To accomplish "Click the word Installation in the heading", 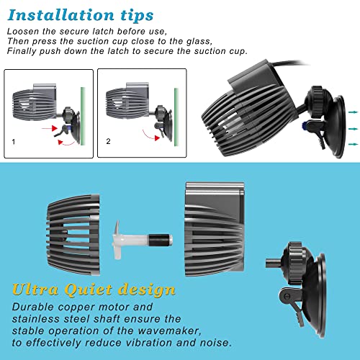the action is pos(60,15).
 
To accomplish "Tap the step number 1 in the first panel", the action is pos(14,142).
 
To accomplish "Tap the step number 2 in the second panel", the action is pos(108,141).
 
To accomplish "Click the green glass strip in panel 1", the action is pos(83,116).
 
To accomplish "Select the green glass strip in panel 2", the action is pos(176,117).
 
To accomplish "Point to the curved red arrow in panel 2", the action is pos(150,136).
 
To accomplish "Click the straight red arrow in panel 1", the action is pos(50,128).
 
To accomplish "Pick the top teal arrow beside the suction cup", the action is pos(353,112).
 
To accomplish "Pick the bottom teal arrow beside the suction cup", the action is pos(353,144).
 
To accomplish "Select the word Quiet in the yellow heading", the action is pos(88,289).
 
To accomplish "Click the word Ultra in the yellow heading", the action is pos(35,289).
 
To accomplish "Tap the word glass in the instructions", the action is pos(199,42).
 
